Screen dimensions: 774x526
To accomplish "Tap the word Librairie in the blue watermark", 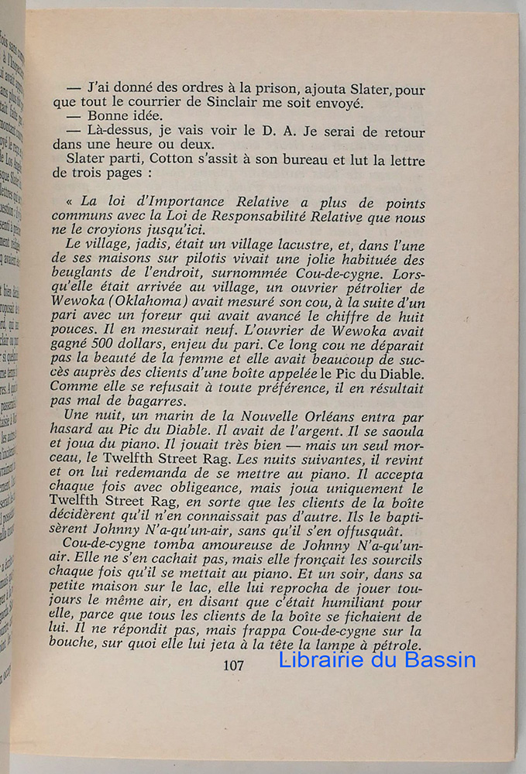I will [x=321, y=660].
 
